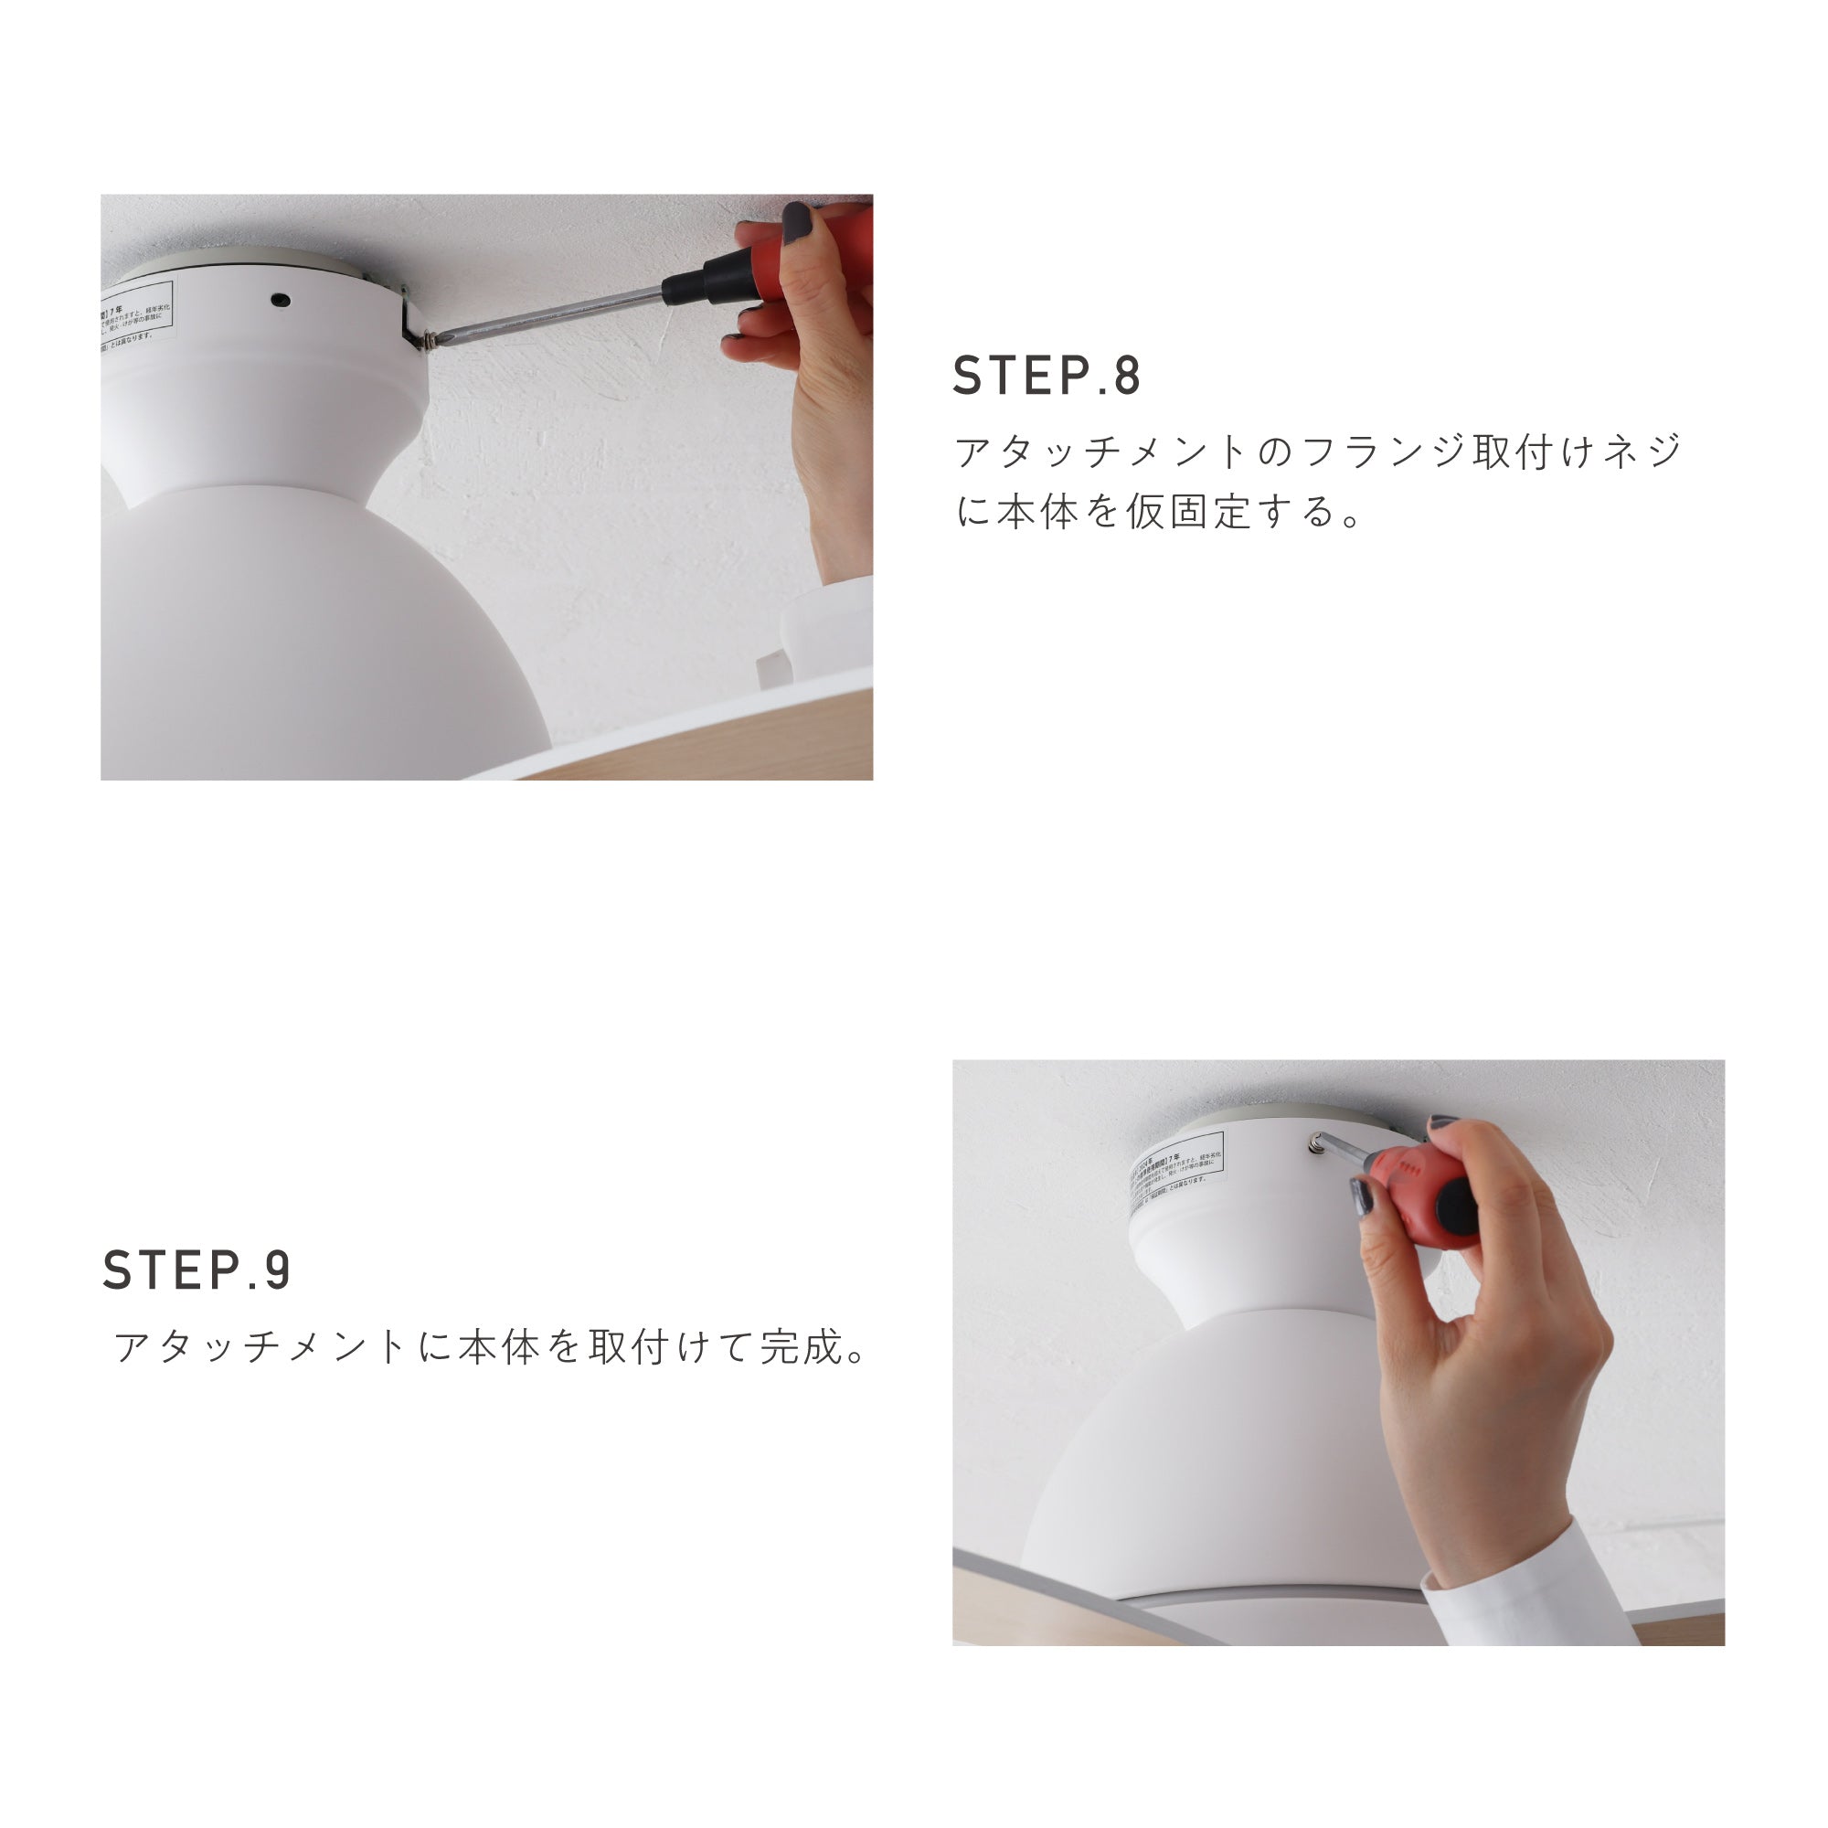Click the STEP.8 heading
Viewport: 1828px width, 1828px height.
(1047, 376)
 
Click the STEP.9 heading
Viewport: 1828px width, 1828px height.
(197, 1270)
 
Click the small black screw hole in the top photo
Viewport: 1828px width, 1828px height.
(279, 300)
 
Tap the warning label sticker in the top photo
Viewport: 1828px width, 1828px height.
(138, 315)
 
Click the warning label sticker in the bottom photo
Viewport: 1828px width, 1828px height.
(1179, 1174)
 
